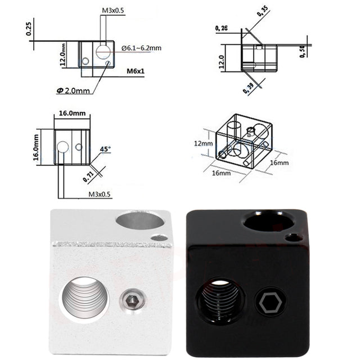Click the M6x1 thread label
[x=135, y=71]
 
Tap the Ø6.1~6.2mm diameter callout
[x=141, y=48]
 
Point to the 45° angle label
[x=105, y=150]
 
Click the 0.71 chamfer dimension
[x=88, y=175]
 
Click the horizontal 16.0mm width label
[x=73, y=113]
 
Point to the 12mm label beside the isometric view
[x=204, y=143]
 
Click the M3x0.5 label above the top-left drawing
[x=114, y=11]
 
